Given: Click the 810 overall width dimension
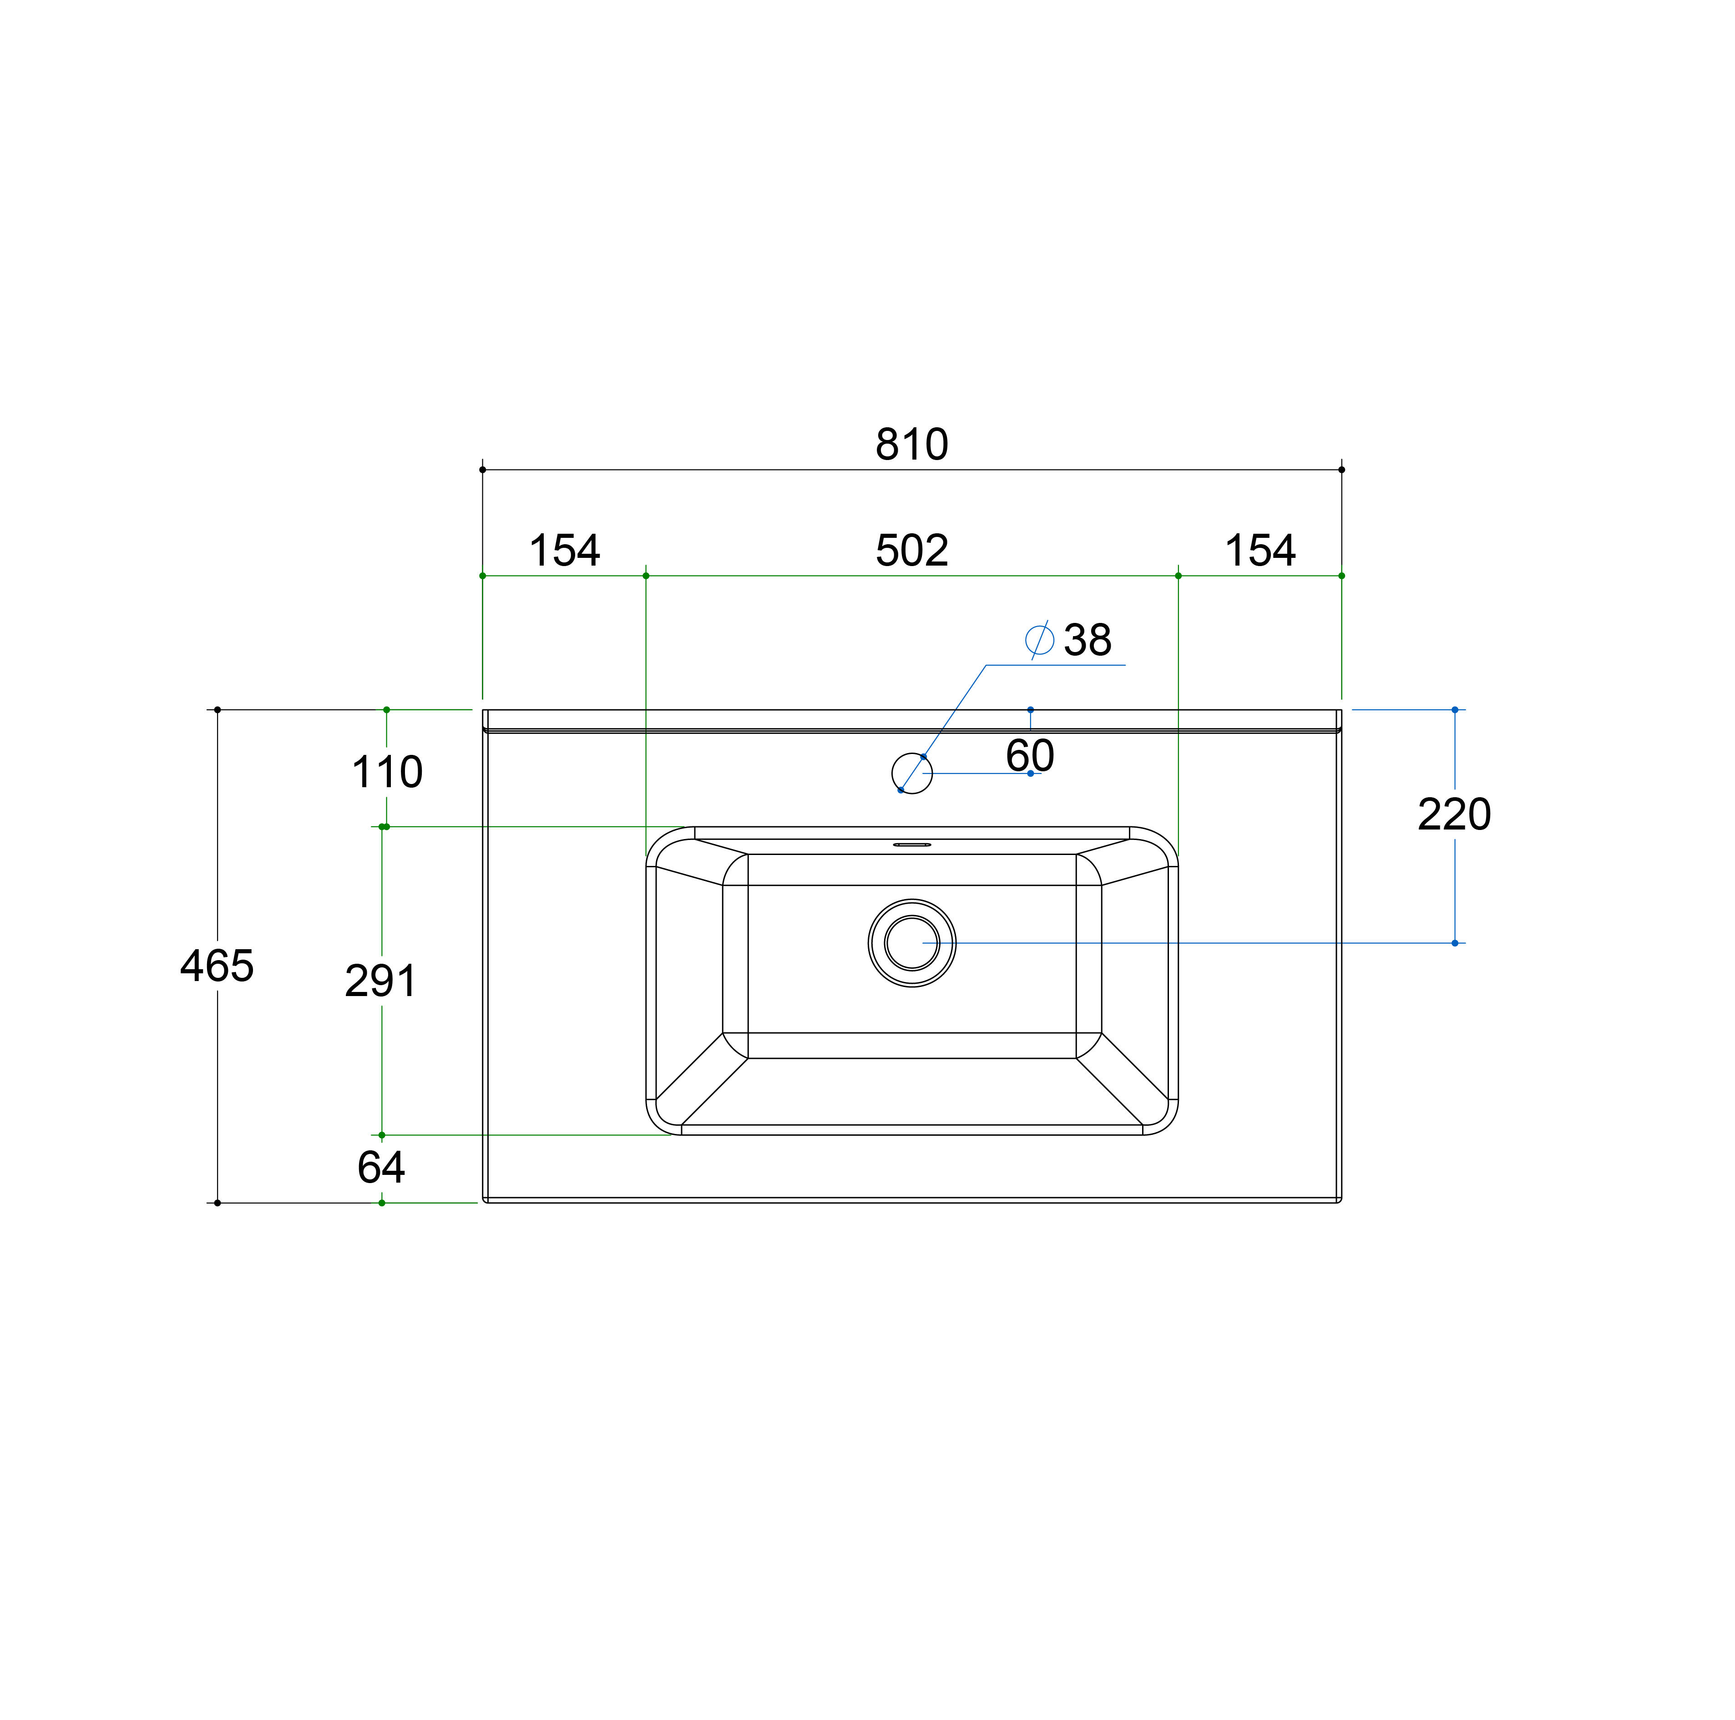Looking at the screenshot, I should point(911,445).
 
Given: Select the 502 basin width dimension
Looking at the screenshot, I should point(911,551).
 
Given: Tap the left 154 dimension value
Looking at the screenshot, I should point(564,551).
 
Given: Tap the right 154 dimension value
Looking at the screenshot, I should point(1260,551).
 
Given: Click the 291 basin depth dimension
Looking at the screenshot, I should point(381,981).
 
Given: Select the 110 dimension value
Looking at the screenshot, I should point(387,773).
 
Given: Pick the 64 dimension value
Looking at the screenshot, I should point(381,1168).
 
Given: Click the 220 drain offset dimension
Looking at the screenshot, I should point(1454,814).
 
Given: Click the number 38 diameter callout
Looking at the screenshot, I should point(1088,640).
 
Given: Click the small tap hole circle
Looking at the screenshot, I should point(911,774).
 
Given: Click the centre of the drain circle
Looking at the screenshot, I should point(911,943).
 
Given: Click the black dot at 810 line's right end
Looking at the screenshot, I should point(1342,470).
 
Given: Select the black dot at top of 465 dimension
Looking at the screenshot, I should point(218,709).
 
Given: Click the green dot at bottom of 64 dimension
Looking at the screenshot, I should point(382,1203).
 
